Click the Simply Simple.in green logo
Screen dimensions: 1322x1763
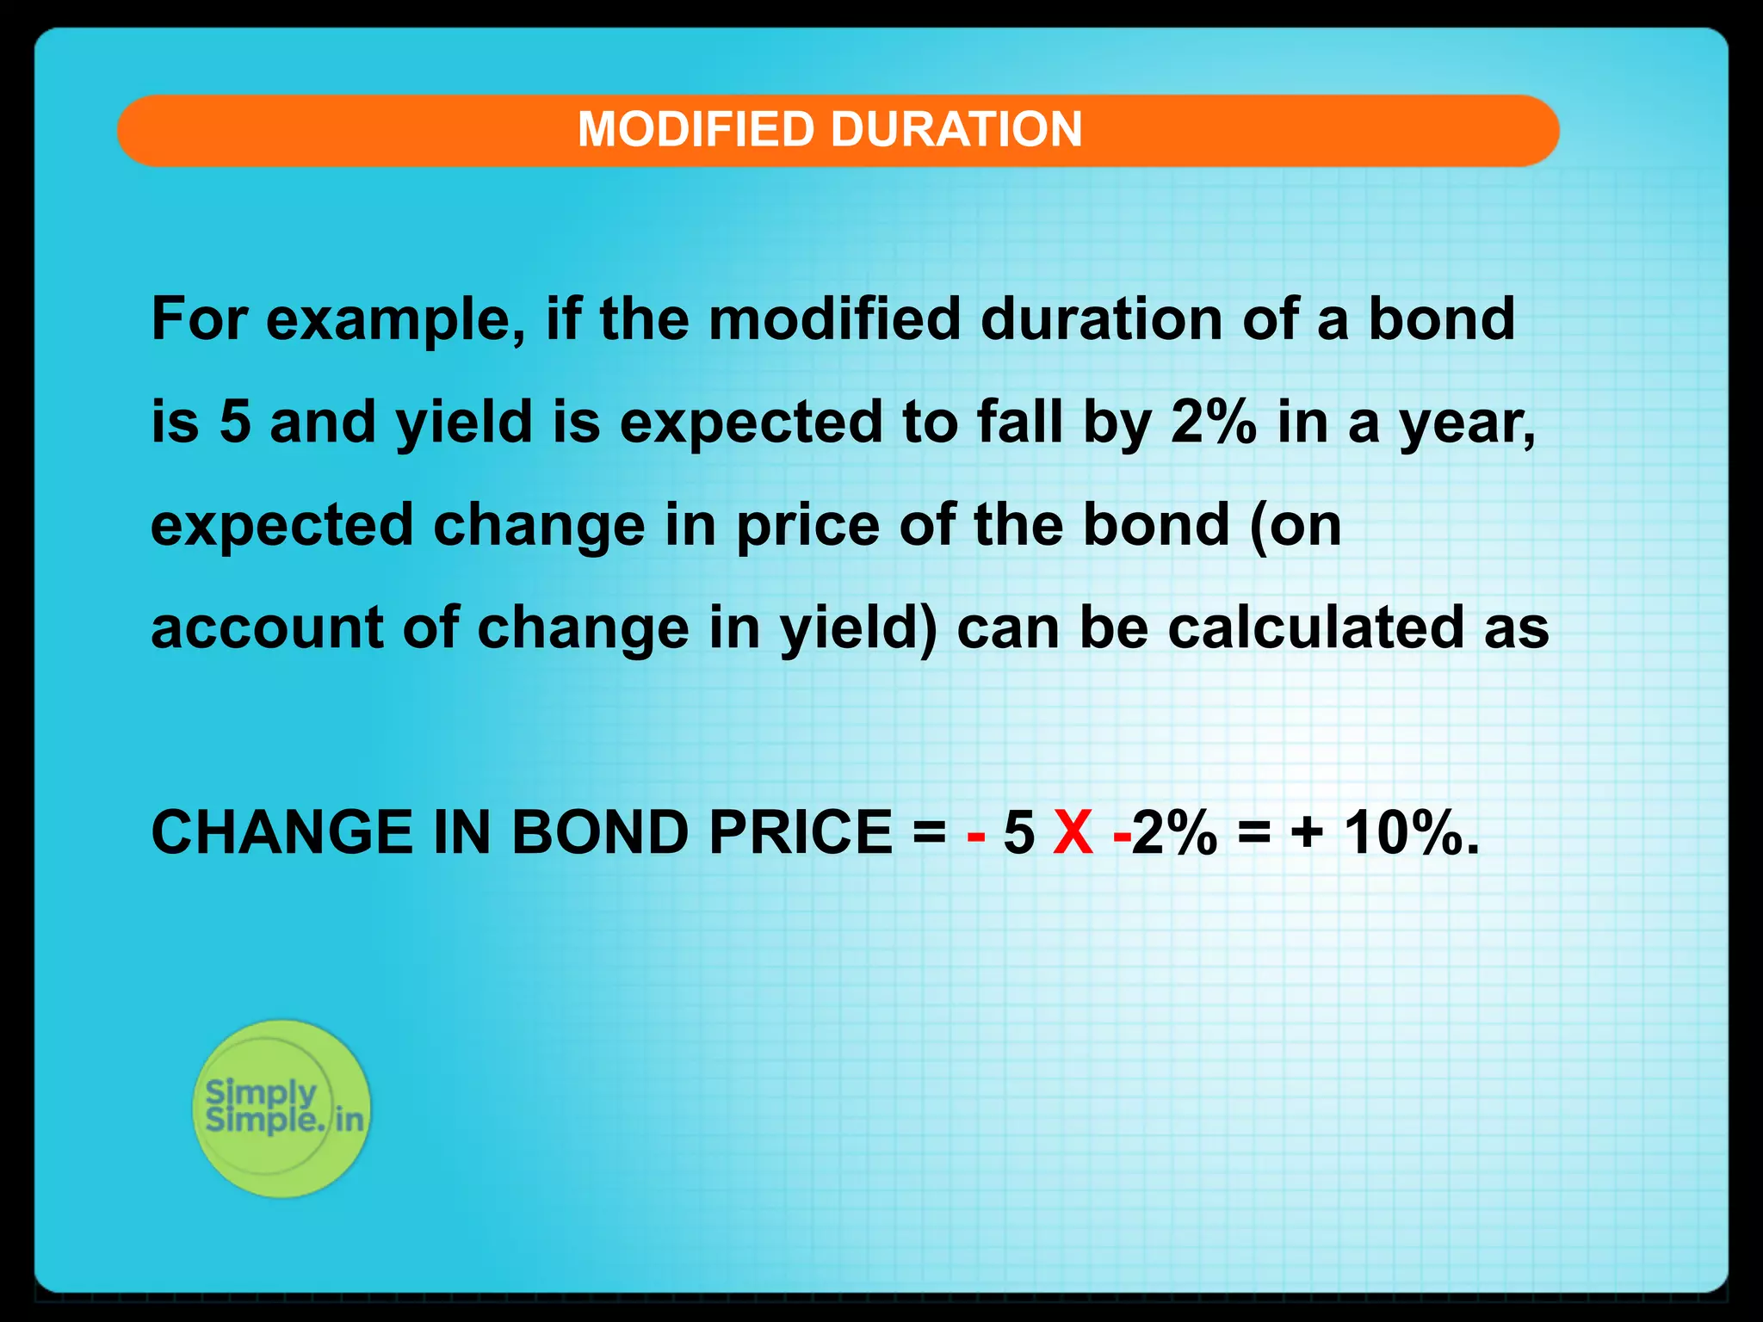pyautogui.click(x=281, y=1108)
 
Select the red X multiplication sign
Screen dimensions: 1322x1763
pyautogui.click(x=1073, y=833)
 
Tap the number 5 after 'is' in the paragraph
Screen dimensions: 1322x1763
pyautogui.click(x=235, y=423)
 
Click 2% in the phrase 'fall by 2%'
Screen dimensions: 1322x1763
pyautogui.click(x=1212, y=423)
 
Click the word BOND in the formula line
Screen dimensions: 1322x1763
pyautogui.click(x=599, y=833)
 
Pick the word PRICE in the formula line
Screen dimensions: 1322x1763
pyautogui.click(x=800, y=833)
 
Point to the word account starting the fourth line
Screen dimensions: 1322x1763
pyautogui.click(x=266, y=629)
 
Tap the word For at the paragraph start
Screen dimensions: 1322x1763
pyautogui.click(x=199, y=319)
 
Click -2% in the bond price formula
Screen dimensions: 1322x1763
pyautogui.click(x=1166, y=833)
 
